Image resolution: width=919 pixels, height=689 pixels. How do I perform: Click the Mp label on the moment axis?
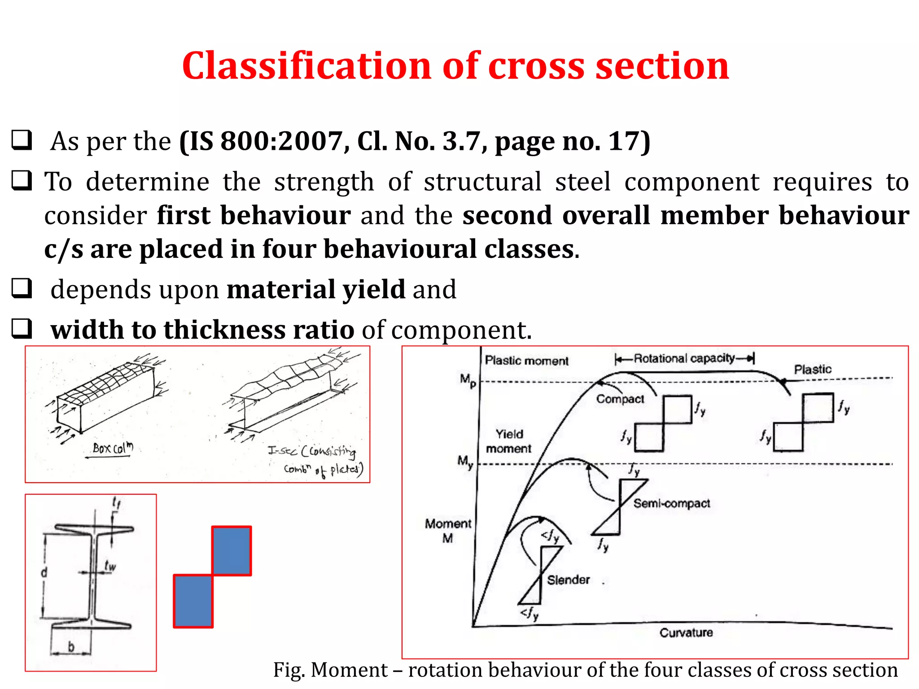click(x=468, y=380)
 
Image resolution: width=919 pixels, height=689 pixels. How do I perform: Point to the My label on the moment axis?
click(x=465, y=462)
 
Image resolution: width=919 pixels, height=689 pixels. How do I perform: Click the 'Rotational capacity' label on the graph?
click(x=684, y=358)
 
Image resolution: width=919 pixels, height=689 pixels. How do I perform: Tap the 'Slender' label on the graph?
click(x=568, y=580)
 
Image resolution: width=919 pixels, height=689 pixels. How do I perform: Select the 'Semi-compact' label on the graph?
click(x=671, y=503)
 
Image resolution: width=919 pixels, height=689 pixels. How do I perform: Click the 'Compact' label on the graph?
click(x=620, y=399)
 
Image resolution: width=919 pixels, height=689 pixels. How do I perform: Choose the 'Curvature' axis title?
click(x=686, y=632)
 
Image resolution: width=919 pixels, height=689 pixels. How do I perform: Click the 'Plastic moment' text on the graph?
click(x=526, y=361)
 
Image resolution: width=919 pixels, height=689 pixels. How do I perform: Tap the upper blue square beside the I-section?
click(x=232, y=551)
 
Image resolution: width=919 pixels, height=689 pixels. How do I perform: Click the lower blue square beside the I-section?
click(x=193, y=601)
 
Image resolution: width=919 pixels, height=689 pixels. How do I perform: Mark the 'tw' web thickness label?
click(x=110, y=566)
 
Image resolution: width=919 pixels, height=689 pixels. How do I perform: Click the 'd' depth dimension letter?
click(x=44, y=573)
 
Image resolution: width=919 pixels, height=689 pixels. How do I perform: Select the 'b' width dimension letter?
click(x=71, y=646)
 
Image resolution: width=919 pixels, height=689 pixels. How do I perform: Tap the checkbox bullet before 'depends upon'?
click(x=22, y=288)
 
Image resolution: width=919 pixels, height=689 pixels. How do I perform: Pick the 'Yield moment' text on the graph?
click(x=509, y=441)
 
